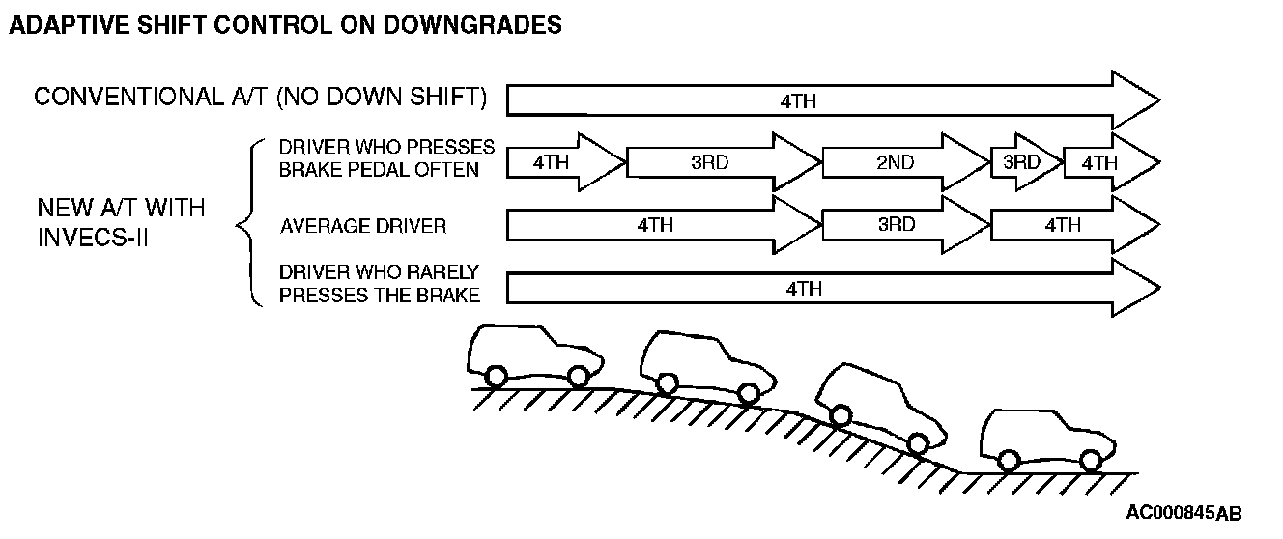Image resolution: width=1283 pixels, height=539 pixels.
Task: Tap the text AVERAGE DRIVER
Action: coord(363,227)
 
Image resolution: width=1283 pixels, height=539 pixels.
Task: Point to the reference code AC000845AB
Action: coord(1183,512)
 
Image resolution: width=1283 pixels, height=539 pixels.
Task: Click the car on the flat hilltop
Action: coord(534,355)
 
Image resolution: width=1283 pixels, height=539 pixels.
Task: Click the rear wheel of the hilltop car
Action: coord(496,377)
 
